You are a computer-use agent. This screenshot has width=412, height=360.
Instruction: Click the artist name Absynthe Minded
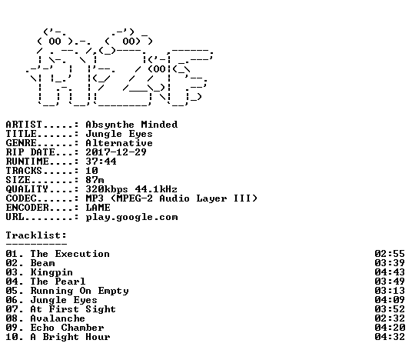point(131,125)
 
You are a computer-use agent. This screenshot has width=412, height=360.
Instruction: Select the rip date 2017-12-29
point(116,152)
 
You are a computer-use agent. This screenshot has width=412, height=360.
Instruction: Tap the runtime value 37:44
point(101,162)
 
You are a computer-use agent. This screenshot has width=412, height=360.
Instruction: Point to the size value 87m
point(95,179)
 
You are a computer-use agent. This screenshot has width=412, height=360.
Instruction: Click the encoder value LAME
point(98,208)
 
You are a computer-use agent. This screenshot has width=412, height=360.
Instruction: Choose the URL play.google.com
point(131,217)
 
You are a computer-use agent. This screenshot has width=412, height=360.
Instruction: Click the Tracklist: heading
point(36,235)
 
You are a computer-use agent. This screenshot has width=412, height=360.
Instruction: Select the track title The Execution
point(70,254)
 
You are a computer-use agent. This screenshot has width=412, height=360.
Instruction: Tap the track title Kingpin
point(51,272)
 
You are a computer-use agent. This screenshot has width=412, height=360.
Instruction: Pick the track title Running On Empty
point(80,291)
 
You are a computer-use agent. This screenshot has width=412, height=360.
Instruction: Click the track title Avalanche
point(58,318)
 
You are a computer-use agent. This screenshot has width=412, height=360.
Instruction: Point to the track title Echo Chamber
point(68,328)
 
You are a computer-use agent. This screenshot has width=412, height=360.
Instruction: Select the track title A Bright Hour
point(71,337)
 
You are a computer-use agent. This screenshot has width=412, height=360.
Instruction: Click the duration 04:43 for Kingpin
point(390,272)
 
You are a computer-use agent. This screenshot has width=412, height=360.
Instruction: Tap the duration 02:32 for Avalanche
point(390,318)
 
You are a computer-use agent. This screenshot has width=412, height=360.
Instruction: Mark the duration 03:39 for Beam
point(390,263)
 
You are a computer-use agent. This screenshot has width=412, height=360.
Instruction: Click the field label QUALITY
point(27,189)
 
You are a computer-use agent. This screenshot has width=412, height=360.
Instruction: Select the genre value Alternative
point(119,143)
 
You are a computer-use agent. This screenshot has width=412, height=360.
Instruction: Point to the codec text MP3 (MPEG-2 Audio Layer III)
point(171,198)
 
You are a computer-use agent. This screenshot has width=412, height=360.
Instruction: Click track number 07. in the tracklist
point(15,309)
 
